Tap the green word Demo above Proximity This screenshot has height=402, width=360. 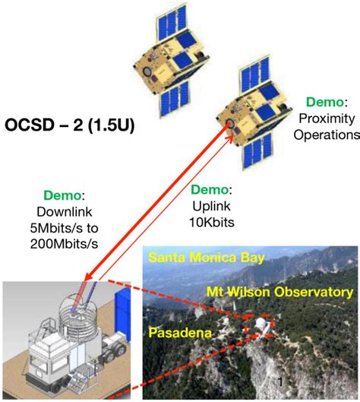coord(325,101)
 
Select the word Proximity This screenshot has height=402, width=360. coord(328,119)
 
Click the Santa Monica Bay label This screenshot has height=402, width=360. coord(207,258)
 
